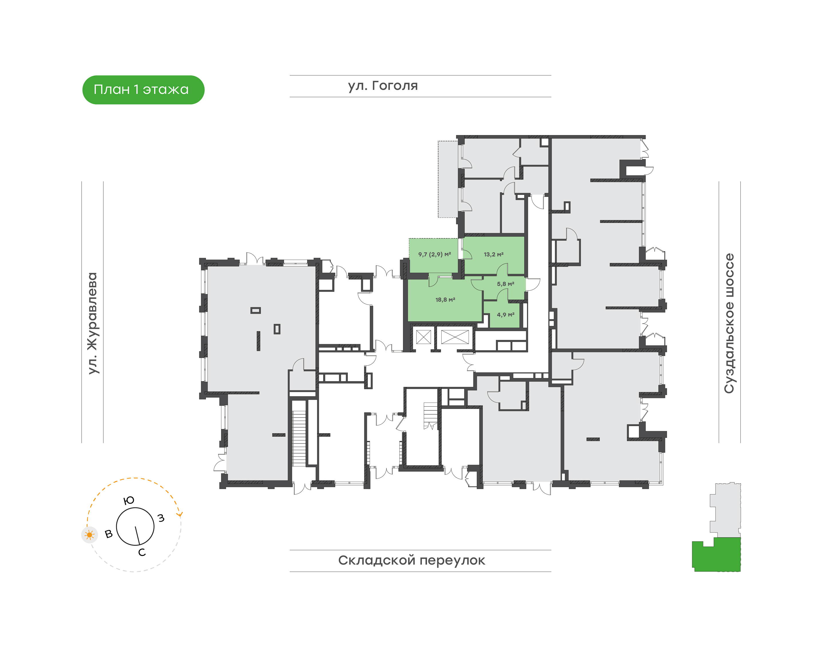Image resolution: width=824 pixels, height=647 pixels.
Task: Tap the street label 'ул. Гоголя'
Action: [383, 86]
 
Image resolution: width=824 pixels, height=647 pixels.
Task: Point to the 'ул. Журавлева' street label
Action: [92, 323]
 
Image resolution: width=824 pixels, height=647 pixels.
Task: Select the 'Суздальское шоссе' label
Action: [729, 323]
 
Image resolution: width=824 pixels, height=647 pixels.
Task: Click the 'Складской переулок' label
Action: [412, 560]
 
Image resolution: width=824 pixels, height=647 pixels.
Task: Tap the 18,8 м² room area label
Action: [445, 300]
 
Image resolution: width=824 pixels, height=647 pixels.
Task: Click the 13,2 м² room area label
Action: [493, 255]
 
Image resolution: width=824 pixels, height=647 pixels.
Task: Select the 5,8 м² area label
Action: [506, 284]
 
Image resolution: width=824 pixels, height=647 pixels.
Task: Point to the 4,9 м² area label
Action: [506, 315]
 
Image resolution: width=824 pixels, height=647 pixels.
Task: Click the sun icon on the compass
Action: [90, 535]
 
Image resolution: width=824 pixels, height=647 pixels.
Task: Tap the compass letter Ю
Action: [129, 500]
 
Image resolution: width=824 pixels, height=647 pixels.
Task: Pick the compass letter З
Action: [161, 518]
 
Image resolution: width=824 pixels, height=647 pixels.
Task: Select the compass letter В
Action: [109, 534]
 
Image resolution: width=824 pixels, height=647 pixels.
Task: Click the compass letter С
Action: [142, 553]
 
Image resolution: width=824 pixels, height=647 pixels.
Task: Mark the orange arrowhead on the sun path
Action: [180, 514]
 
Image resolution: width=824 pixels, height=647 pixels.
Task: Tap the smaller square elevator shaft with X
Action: [423, 337]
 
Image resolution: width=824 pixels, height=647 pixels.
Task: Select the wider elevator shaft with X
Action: [455, 337]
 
